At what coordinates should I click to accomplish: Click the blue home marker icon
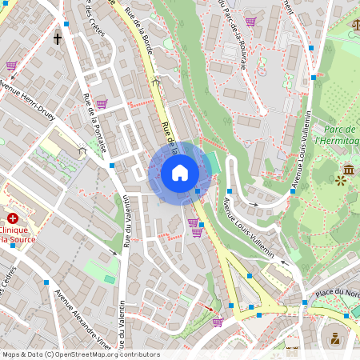click(x=180, y=173)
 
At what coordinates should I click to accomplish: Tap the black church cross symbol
click(x=58, y=38)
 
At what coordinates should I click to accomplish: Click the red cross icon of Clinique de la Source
click(x=12, y=218)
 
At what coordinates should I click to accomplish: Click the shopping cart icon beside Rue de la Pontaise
click(x=102, y=103)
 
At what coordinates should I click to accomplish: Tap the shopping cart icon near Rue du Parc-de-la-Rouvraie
click(x=250, y=22)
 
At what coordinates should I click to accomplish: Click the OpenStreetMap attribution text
click(x=81, y=354)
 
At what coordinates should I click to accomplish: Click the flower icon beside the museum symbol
click(x=342, y=182)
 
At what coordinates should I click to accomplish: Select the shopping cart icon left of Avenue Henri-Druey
click(x=11, y=66)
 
